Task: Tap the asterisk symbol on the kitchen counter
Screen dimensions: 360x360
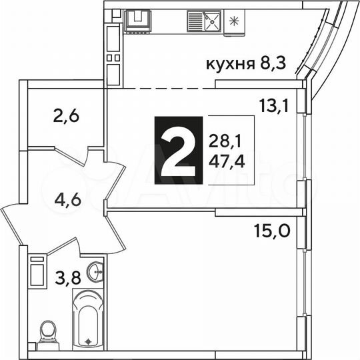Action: point(233,21)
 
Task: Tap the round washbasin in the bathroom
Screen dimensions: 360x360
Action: point(97,272)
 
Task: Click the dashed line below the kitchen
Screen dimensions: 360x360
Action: point(161,88)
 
